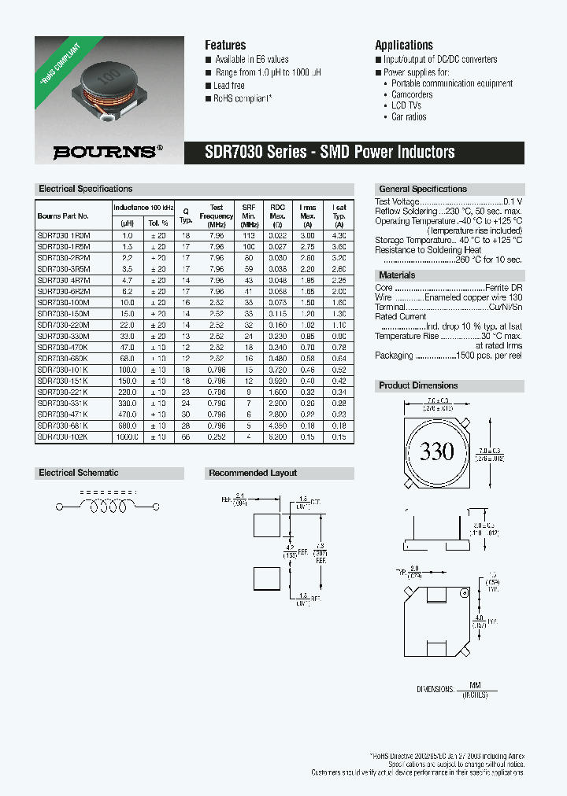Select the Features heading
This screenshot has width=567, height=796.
[x=225, y=46]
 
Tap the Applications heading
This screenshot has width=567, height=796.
[x=403, y=46]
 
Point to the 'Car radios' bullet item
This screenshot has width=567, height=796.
[x=409, y=116]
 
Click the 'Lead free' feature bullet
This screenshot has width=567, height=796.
[x=228, y=86]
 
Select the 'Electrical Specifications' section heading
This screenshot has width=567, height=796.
[x=86, y=189]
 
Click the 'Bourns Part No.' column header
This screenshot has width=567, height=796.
[x=63, y=216]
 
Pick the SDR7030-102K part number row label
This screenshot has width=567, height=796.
[x=63, y=437]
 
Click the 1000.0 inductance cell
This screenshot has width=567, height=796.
[x=127, y=437]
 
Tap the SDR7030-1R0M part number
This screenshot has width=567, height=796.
[x=63, y=235]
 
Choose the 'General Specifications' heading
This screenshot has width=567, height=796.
[x=423, y=189]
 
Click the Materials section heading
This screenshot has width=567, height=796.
[x=397, y=275]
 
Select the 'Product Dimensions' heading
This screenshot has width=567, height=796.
[x=418, y=385]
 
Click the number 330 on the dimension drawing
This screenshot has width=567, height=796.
[x=436, y=451]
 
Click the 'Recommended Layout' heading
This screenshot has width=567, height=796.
[x=252, y=473]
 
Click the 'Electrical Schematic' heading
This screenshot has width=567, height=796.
[x=79, y=473]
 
